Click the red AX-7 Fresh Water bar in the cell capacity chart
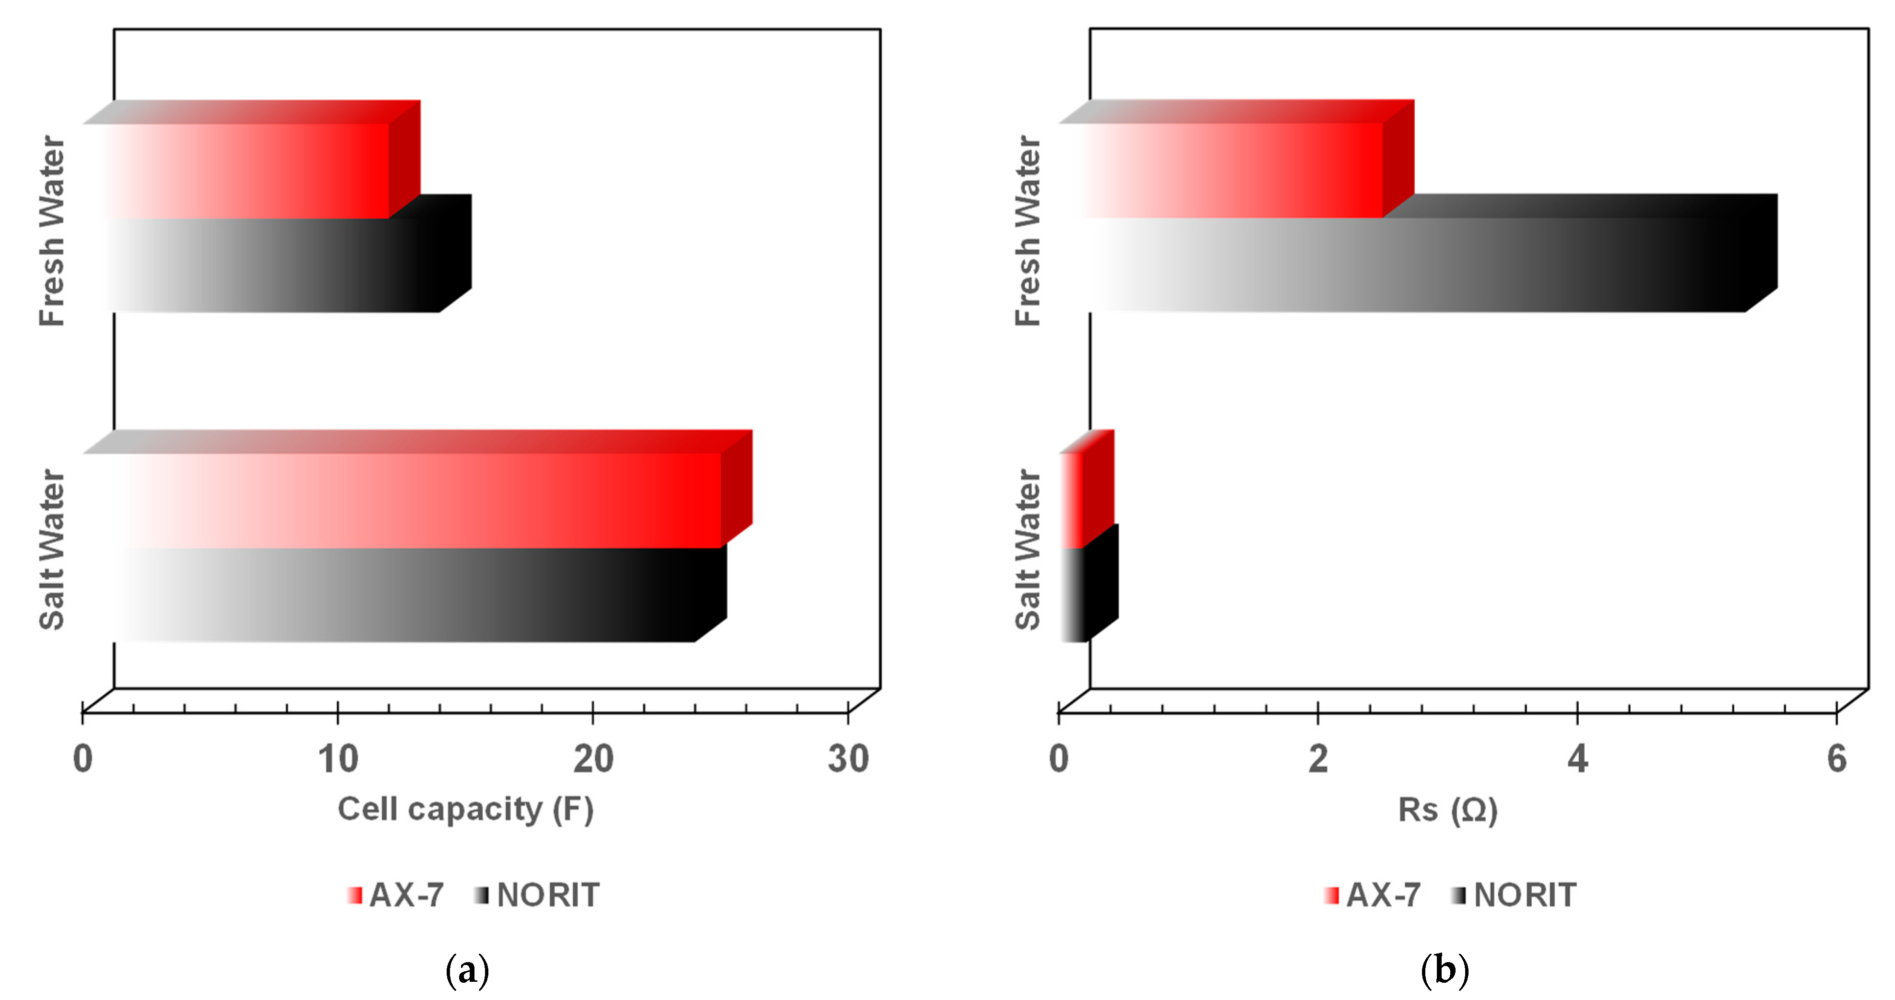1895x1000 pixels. click(x=250, y=171)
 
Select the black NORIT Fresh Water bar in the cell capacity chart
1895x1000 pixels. click(x=280, y=265)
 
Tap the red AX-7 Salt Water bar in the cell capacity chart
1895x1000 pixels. click(x=419, y=500)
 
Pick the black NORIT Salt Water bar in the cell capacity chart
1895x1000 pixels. click(x=412, y=594)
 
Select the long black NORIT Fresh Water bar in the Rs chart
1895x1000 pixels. click(x=1420, y=265)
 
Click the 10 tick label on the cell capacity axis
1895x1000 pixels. click(x=338, y=759)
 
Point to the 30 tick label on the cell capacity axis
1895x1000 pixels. click(x=848, y=759)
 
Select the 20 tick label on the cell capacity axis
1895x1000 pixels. click(x=593, y=759)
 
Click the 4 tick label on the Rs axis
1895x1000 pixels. click(x=1577, y=759)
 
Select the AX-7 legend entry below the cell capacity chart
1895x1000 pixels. click(x=397, y=895)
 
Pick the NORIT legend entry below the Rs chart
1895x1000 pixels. click(x=1516, y=895)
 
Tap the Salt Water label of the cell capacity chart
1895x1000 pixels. click(x=52, y=550)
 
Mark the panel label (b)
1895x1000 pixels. click(x=1445, y=971)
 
